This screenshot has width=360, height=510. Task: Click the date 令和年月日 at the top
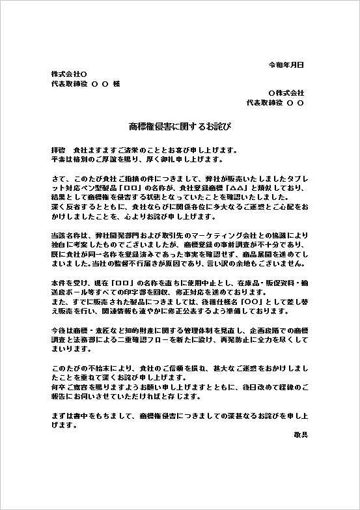[x=286, y=65]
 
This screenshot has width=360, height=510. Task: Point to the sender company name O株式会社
[x=286, y=93]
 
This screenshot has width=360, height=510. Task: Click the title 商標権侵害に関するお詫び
[x=180, y=124]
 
